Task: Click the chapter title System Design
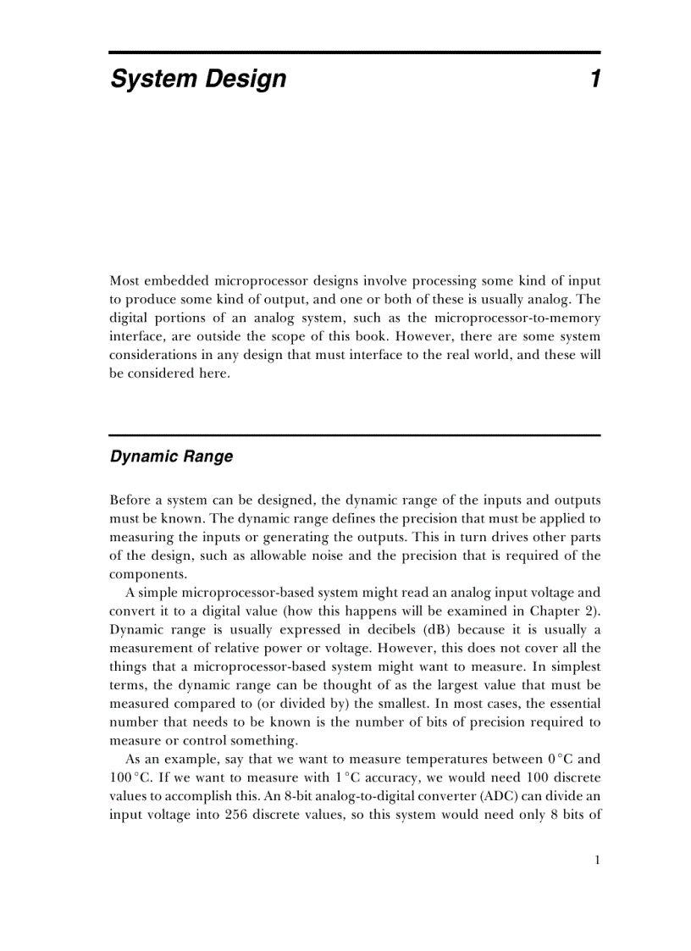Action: point(198,80)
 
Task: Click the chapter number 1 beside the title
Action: point(594,80)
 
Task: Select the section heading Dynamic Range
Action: point(171,456)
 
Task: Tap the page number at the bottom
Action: point(597,860)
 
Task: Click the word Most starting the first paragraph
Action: point(124,280)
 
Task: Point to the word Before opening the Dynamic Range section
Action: point(130,500)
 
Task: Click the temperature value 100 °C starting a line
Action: point(129,777)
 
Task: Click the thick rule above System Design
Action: point(354,53)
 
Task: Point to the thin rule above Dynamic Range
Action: point(354,435)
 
